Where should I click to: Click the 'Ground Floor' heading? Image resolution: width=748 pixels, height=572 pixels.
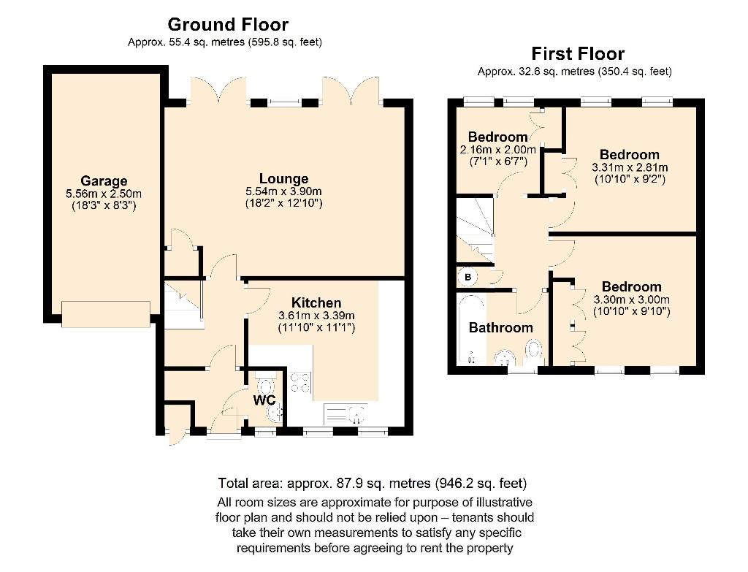pos(228,25)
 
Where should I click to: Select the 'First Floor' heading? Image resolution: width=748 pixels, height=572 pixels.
pos(577,53)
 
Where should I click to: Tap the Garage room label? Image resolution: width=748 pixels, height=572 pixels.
pos(104,181)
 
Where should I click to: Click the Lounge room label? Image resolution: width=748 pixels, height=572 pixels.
pos(283,179)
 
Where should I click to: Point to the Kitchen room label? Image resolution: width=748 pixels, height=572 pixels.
pos(316,302)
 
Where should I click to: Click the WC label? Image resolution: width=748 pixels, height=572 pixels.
pos(264,400)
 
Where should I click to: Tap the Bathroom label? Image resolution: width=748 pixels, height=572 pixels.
pos(500,327)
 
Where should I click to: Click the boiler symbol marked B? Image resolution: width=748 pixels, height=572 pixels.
pos(466,278)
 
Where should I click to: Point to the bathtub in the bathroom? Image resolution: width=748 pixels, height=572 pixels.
pos(468,329)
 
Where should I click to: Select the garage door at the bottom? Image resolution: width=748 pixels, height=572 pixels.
pos(107,314)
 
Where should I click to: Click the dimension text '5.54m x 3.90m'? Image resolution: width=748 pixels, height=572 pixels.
pos(283,191)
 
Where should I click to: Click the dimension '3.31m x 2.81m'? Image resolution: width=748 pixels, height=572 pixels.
pos(630,167)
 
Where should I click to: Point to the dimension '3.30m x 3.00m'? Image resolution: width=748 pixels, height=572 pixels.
pos(631,300)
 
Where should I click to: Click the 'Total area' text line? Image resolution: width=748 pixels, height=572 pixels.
pos(373,484)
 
